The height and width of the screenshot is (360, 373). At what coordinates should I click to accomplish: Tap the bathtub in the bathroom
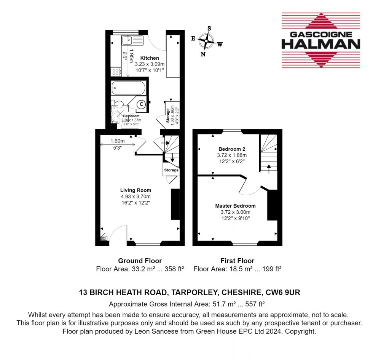click(128, 88)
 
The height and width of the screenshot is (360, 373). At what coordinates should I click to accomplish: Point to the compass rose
click(207, 40)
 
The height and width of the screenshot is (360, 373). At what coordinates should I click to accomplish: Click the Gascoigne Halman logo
click(320, 40)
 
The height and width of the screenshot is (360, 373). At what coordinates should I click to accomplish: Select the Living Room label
click(135, 190)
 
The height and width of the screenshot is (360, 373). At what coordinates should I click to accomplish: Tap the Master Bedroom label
click(235, 206)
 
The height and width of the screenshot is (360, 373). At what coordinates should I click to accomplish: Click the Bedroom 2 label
click(232, 149)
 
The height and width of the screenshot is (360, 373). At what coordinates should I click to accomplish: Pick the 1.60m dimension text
click(118, 141)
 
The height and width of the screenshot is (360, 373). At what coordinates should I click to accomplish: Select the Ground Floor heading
click(140, 261)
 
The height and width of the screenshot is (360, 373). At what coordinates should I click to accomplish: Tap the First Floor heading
click(237, 261)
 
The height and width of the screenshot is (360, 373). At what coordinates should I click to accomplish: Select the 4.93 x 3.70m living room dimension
click(136, 197)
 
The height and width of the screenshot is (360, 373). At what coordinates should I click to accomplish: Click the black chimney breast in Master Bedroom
click(272, 206)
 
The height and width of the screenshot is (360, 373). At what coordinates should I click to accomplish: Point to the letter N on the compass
click(203, 54)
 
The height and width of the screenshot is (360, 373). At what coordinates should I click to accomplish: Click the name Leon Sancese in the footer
click(153, 331)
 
